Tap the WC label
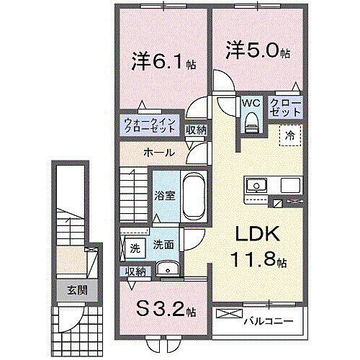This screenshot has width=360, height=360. tap(250, 103)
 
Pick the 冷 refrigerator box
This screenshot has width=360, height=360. tap(289, 135)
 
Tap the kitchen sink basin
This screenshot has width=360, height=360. tap(256, 186)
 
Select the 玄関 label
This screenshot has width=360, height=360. tap(67, 290)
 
